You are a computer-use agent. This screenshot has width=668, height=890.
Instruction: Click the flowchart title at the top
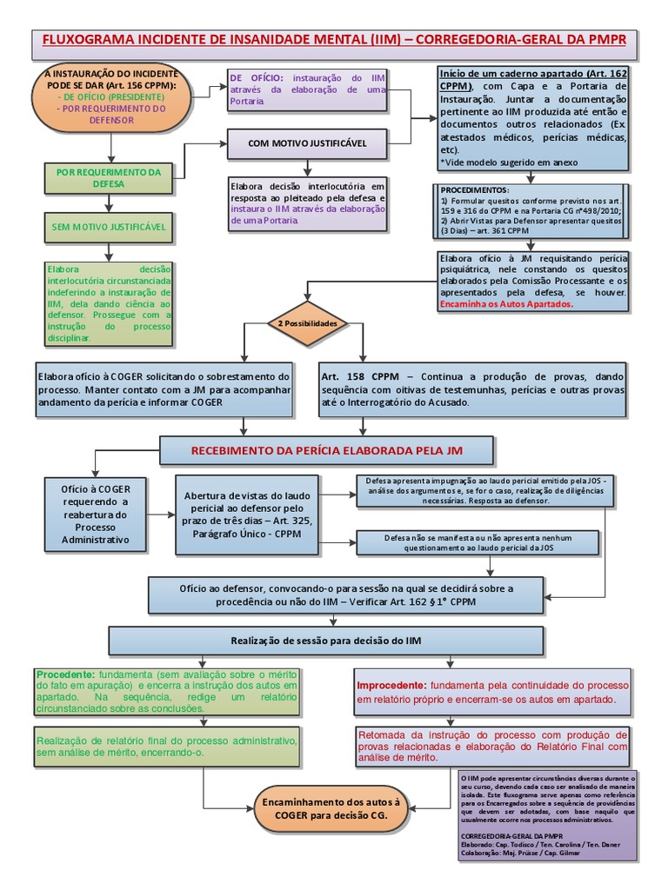334,40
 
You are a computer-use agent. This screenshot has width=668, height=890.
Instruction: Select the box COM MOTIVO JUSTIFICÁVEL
307,143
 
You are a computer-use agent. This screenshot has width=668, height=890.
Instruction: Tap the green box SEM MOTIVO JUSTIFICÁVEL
109,228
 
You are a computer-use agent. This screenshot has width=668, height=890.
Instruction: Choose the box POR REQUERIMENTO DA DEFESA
109,177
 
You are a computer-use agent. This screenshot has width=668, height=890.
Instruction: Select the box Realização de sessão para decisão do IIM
326,641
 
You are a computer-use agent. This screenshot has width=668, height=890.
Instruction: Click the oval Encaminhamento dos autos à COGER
332,811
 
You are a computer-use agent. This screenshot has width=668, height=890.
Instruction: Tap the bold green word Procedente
65,674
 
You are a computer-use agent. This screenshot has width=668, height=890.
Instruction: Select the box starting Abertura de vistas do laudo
254,515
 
